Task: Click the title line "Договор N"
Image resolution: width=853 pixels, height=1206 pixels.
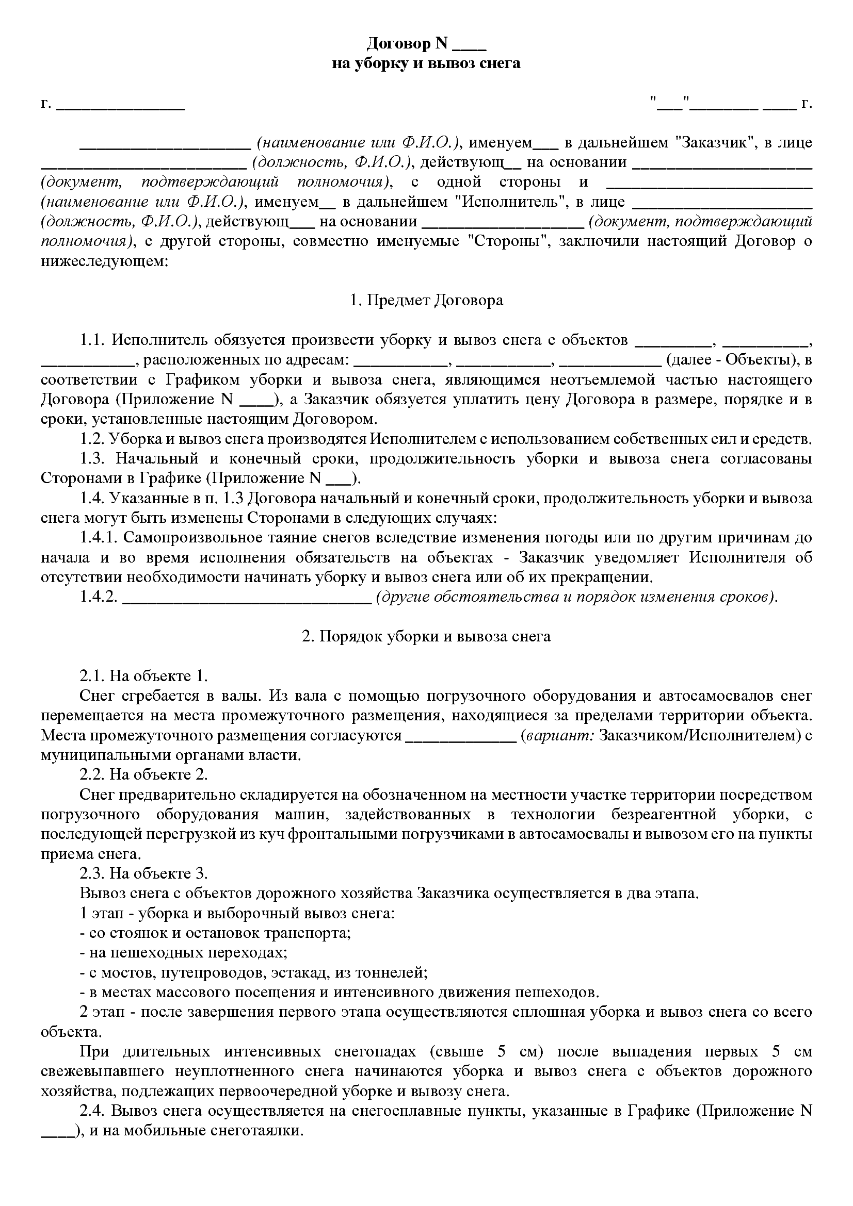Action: tap(406, 44)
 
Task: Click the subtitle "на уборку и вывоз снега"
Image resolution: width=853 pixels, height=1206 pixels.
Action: tap(426, 63)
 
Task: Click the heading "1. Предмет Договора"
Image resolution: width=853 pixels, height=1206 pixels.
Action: tap(426, 301)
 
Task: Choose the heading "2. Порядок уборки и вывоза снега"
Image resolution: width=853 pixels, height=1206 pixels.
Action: tap(426, 637)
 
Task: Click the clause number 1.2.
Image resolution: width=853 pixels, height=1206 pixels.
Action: tap(93, 439)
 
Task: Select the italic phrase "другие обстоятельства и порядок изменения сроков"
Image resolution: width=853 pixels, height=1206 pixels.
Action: tap(575, 597)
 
